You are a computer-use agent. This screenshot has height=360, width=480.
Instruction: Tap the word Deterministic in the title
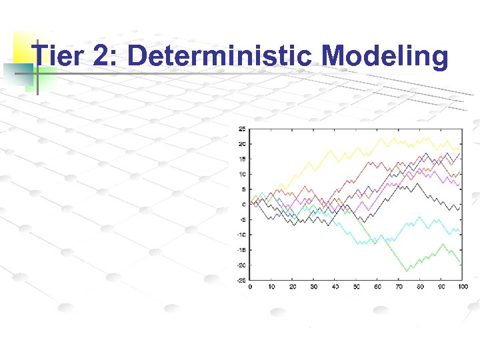[x=219, y=57]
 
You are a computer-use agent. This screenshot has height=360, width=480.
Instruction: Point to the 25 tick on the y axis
[x=242, y=129]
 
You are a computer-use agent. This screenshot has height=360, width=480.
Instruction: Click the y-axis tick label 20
[x=242, y=144]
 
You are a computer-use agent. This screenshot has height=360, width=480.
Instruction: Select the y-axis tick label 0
[x=244, y=205]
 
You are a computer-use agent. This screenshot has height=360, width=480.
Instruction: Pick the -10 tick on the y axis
[x=241, y=235]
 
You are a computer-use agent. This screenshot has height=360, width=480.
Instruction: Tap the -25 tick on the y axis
[x=241, y=280]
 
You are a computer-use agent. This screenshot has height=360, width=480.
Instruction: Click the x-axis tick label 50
[x=356, y=287]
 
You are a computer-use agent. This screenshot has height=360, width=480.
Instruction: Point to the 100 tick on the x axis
[x=463, y=287]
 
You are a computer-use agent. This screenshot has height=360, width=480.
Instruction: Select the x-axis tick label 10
[x=271, y=287]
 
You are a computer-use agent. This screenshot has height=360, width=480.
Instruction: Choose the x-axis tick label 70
[x=399, y=287]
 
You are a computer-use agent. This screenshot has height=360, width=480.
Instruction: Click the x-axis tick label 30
[x=314, y=287]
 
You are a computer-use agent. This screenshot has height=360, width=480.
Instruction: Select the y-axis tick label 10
[x=242, y=174]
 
